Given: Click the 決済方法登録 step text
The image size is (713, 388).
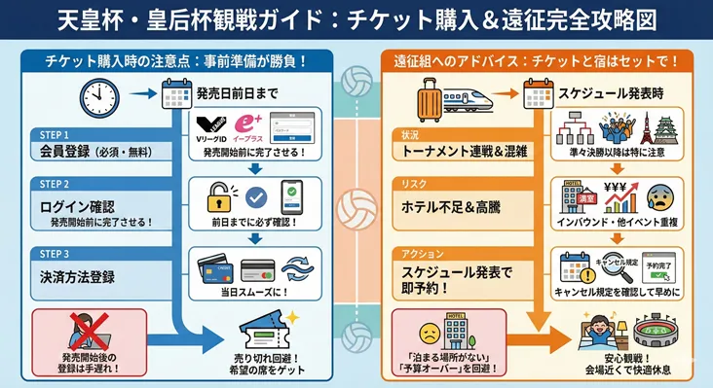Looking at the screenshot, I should (77, 277).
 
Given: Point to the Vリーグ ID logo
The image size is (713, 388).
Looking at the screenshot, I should (215, 127).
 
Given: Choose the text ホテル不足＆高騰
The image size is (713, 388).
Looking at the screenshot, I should (451, 206).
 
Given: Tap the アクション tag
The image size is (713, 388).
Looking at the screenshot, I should (419, 254).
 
